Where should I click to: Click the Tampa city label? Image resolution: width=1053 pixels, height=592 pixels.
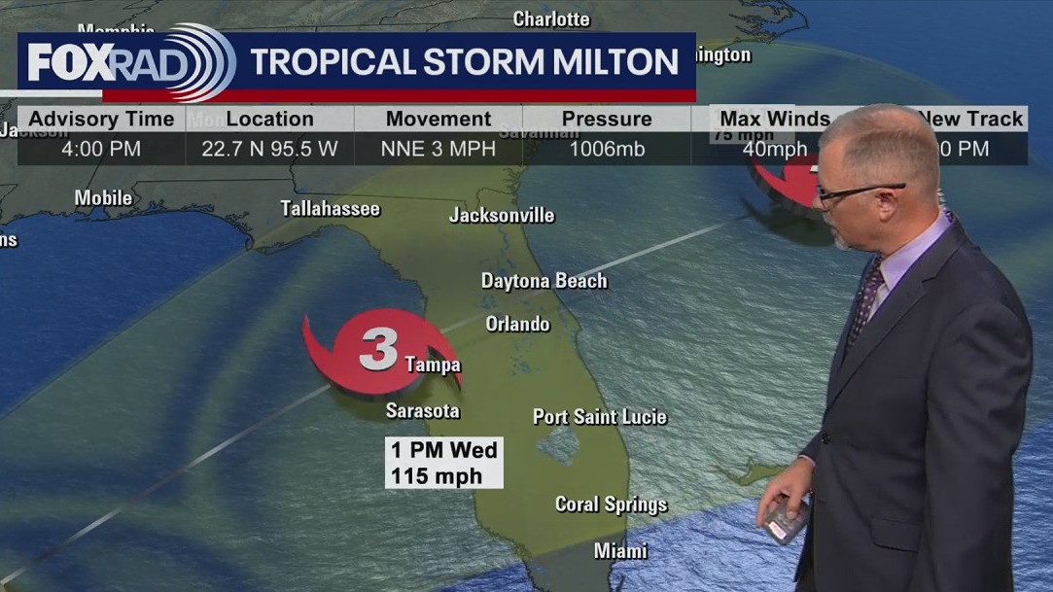click(x=433, y=365)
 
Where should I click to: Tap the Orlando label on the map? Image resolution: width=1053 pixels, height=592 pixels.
click(x=517, y=324)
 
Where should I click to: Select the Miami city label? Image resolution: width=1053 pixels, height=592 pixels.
click(x=620, y=551)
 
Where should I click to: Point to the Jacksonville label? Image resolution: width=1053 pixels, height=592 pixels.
click(x=502, y=215)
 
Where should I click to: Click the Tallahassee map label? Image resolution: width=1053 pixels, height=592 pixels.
click(x=330, y=208)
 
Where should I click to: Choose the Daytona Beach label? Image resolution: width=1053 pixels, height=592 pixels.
click(x=544, y=281)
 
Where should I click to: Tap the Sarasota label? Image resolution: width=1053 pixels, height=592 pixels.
click(x=422, y=410)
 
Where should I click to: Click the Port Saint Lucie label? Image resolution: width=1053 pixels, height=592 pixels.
click(x=599, y=417)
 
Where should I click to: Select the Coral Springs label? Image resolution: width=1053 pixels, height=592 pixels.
click(x=611, y=504)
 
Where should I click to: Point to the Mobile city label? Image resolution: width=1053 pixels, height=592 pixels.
click(x=103, y=198)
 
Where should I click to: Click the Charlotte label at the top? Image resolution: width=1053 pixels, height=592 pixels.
click(x=551, y=18)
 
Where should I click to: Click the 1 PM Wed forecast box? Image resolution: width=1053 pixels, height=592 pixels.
click(x=443, y=462)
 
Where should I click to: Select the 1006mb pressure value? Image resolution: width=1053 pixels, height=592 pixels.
click(x=606, y=149)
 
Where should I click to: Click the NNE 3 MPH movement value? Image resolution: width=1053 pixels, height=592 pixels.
click(x=439, y=149)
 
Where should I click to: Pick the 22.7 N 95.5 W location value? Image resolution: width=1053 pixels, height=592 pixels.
click(x=269, y=149)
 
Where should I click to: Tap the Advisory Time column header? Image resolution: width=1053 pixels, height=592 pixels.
click(x=101, y=119)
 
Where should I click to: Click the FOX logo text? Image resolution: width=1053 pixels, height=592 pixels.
click(x=66, y=62)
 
